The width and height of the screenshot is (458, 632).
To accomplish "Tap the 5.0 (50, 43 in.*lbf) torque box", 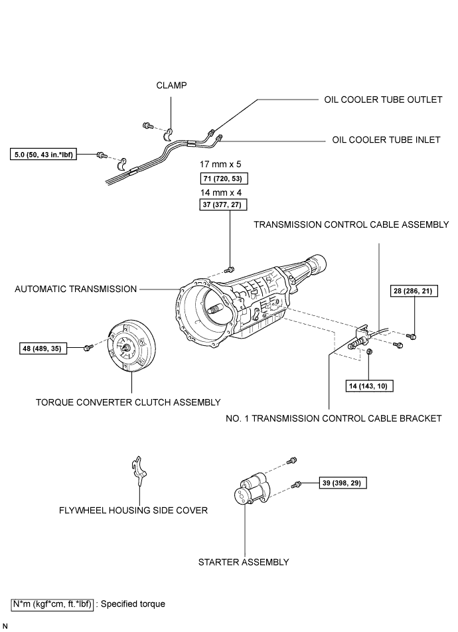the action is [x=44, y=154].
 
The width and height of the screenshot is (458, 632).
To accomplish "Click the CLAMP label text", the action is [x=171, y=86].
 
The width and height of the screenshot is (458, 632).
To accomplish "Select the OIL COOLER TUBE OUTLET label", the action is [x=383, y=100].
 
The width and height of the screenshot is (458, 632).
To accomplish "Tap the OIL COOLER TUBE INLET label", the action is [x=386, y=140].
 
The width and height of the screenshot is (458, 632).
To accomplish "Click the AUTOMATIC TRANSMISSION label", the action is [x=76, y=289].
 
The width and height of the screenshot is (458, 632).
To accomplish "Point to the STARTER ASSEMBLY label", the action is [x=244, y=562].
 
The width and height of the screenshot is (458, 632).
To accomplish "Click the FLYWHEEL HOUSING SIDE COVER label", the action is [x=133, y=511].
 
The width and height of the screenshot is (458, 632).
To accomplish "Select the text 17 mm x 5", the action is [x=220, y=164].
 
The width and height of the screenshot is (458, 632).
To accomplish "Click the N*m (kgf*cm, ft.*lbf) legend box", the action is [x=52, y=604].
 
